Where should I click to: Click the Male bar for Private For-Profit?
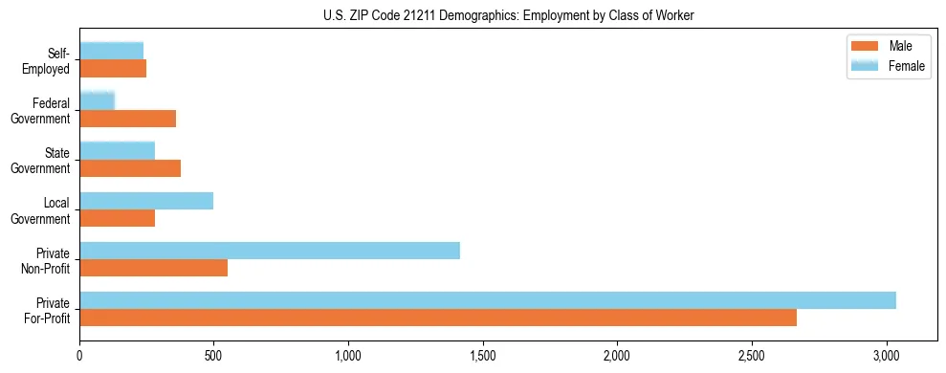(438, 318)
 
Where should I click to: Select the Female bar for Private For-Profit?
(488, 300)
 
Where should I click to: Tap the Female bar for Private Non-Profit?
(270, 251)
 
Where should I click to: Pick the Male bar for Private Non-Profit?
(154, 268)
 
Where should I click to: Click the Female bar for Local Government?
(146, 201)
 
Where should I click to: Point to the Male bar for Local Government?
(118, 218)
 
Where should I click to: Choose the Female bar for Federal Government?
(98, 101)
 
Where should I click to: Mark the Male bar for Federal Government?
(128, 119)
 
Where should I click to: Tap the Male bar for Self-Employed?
(113, 69)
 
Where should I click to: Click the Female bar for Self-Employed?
(112, 52)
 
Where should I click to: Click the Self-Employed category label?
(48, 60)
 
